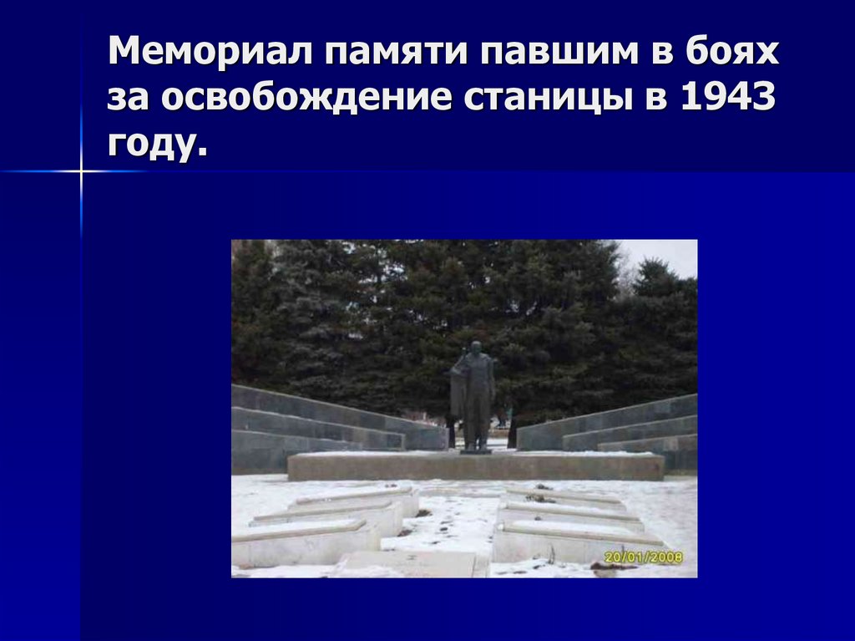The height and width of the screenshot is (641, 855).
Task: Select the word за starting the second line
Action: pos(129,99)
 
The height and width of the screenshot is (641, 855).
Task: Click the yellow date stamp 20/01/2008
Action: pos(644,557)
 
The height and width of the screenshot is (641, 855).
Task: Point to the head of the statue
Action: pos(475,348)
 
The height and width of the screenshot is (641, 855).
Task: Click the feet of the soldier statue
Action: pos(476,447)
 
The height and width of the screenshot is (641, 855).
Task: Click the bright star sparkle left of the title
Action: pos(82,171)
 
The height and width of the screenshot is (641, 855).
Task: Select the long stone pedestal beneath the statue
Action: pos(475,465)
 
